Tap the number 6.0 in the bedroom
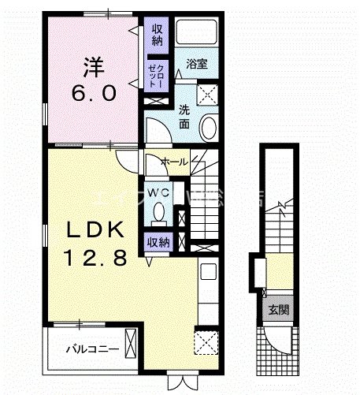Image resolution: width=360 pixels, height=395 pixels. pyautogui.click(x=95, y=94)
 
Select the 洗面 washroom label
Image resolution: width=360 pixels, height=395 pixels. pyautogui.click(x=183, y=117)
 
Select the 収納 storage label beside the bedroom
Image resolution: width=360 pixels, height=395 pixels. pyautogui.click(x=156, y=35)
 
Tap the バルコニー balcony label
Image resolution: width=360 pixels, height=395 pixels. pyautogui.click(x=91, y=348)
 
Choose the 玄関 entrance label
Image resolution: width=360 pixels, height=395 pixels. pyautogui.click(x=276, y=310)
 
